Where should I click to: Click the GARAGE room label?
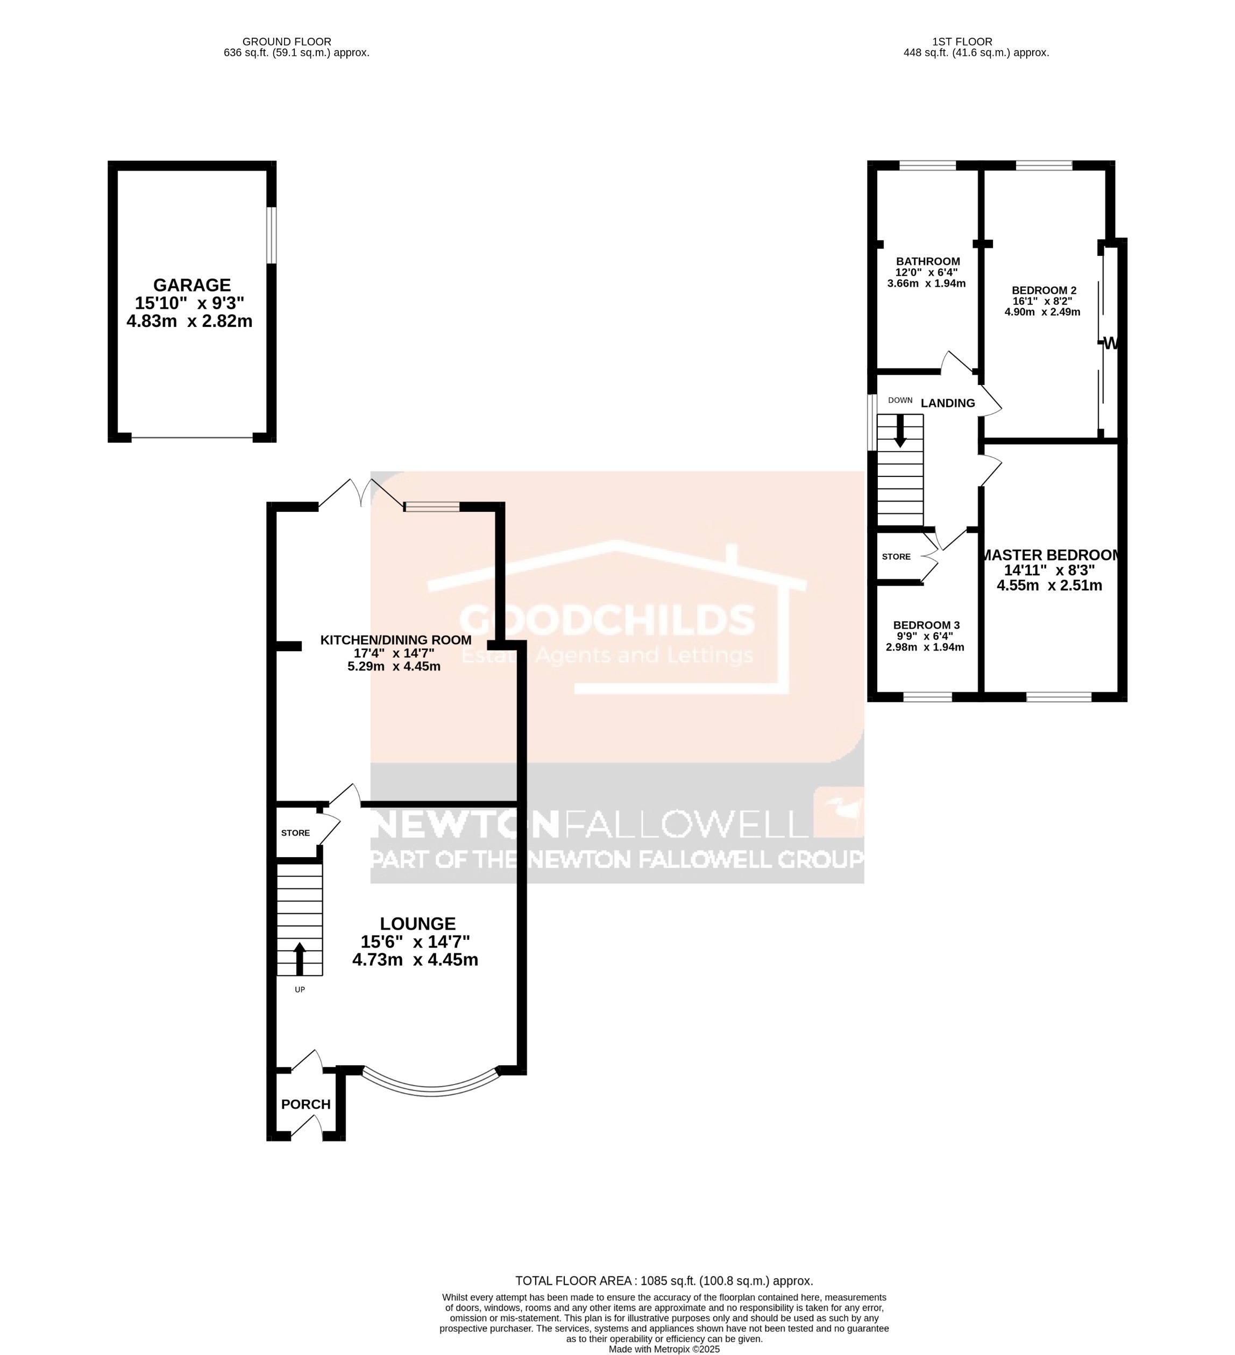[191, 285]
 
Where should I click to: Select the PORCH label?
[306, 1104]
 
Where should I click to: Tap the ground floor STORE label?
[295, 833]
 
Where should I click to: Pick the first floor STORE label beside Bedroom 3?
[896, 557]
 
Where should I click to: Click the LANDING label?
[947, 403]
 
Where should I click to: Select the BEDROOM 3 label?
[926, 625]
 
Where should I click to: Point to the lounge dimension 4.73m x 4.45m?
[415, 960]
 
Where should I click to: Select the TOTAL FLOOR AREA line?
[664, 1280]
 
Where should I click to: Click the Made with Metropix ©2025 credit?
[664, 1349]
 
